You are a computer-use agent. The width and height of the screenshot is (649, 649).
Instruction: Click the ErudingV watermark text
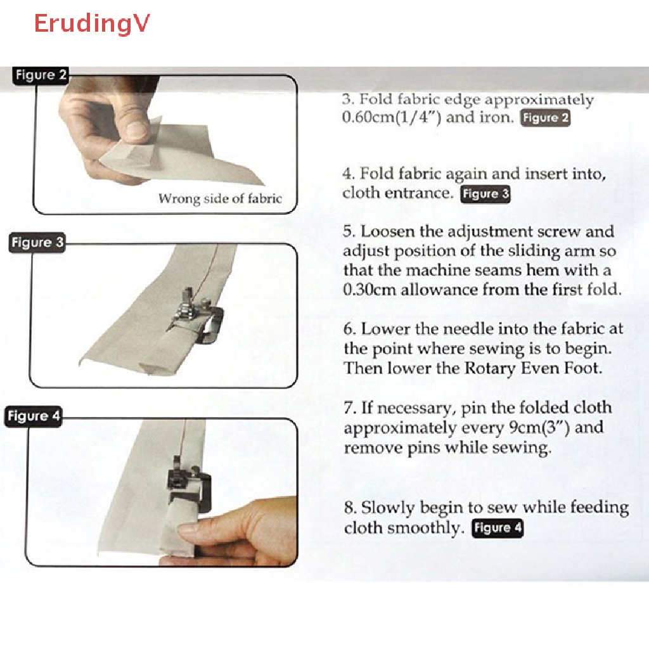tap(92, 23)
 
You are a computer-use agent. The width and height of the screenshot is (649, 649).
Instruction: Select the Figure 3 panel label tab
tap(37, 243)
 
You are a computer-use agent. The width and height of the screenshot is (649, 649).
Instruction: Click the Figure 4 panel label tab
tap(34, 417)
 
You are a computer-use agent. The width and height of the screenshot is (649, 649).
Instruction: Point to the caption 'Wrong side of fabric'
tap(219, 198)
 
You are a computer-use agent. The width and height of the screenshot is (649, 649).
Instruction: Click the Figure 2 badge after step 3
tap(545, 119)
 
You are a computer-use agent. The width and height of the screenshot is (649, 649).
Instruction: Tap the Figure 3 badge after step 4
tap(485, 194)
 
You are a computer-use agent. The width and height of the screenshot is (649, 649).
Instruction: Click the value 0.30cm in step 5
tap(368, 290)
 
